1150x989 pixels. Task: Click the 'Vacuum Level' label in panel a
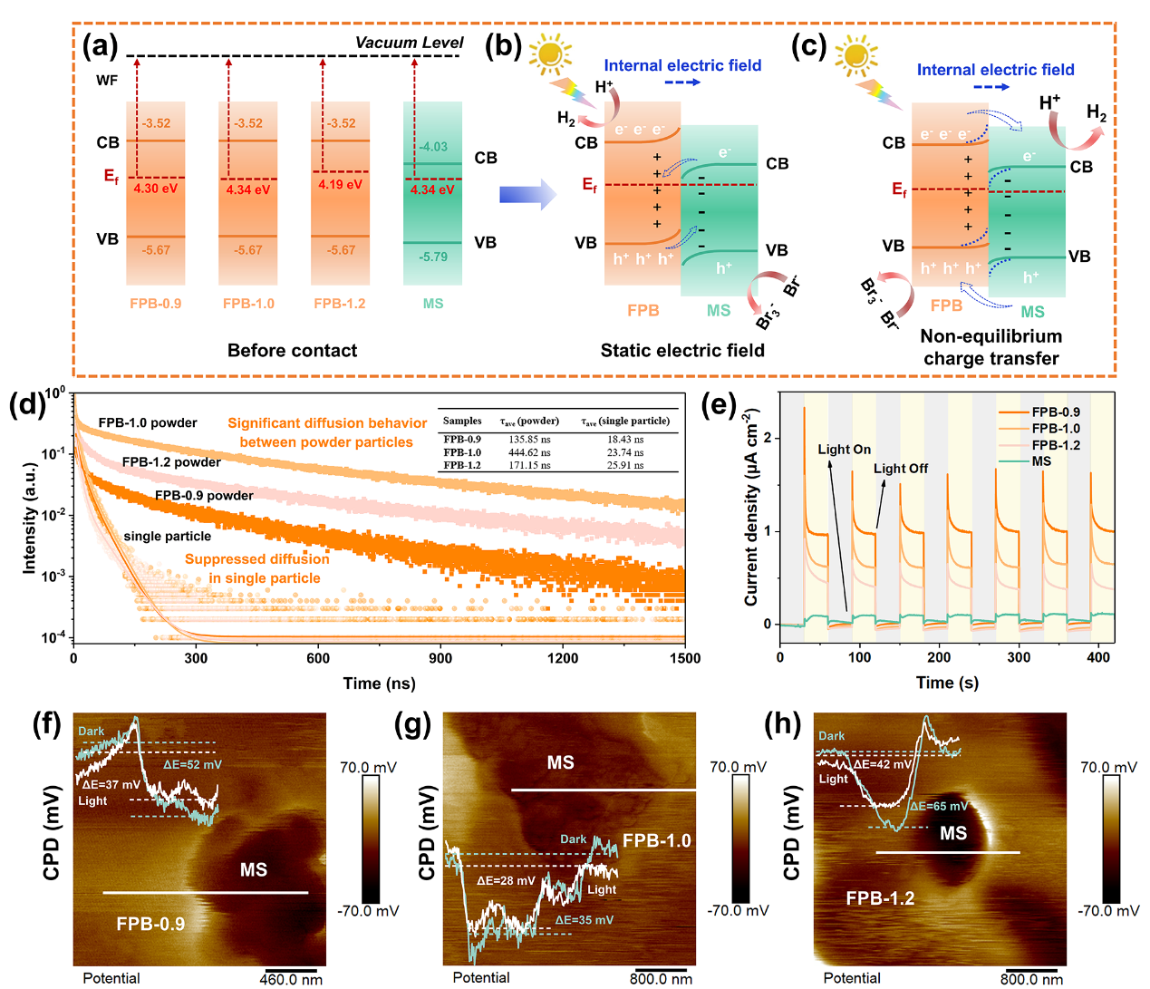tap(409, 43)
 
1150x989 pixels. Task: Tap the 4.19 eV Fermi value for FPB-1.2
tap(340, 184)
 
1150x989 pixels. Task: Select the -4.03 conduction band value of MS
tap(433, 146)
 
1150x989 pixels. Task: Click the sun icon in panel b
tap(549, 54)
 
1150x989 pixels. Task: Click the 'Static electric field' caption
tap(681, 351)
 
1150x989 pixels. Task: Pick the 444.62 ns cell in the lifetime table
tap(529, 452)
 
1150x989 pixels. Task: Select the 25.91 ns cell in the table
tap(625, 465)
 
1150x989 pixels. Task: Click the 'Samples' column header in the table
tap(462, 421)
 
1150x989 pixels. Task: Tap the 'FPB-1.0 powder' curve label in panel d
tap(148, 422)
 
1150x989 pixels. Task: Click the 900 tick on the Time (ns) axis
tap(440, 659)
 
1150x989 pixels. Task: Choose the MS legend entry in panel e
tap(1041, 461)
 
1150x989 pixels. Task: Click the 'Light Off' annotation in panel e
tap(900, 469)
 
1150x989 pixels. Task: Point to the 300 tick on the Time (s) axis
tap(1019, 657)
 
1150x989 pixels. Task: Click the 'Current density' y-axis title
tap(751, 508)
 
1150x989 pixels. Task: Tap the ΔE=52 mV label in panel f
tap(192, 764)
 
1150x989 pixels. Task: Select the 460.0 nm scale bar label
tap(291, 979)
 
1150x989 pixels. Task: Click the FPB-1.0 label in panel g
tap(656, 840)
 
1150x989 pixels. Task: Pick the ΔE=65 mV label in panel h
tap(939, 806)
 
